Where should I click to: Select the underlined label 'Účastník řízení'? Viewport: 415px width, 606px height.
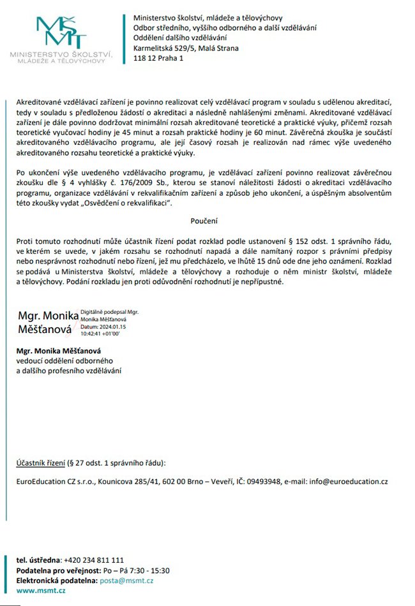40,462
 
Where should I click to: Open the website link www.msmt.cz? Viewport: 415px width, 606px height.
41,591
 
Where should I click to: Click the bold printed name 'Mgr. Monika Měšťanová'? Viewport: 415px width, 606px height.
59,351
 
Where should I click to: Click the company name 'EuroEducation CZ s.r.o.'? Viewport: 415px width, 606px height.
55,482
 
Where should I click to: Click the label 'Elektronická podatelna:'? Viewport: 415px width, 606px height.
56,580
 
